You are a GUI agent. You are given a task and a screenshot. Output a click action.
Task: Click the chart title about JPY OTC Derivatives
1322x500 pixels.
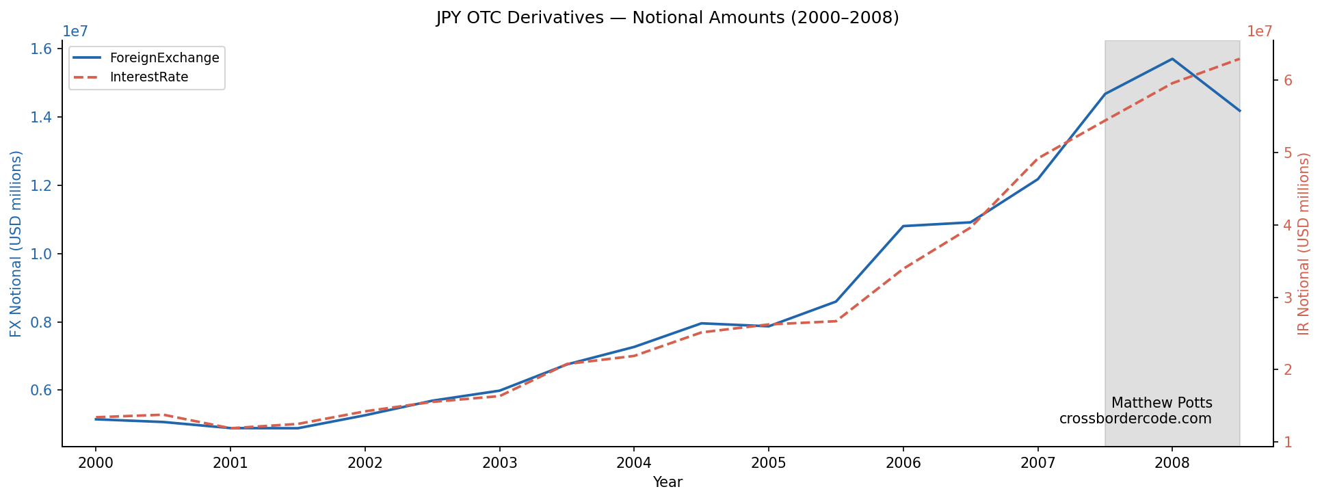coord(667,18)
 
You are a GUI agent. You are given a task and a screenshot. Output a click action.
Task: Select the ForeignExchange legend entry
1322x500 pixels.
coord(164,58)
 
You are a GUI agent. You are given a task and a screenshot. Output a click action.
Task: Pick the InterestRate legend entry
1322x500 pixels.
coord(148,77)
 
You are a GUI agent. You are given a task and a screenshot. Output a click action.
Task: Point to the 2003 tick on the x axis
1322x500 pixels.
coord(499,463)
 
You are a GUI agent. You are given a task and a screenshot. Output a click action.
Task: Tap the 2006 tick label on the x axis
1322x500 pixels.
coord(903,463)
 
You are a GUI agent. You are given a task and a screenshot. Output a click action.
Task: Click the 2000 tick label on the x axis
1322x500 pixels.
coord(95,463)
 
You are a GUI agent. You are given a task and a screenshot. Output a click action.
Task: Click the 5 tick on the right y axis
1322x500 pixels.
coord(1288,153)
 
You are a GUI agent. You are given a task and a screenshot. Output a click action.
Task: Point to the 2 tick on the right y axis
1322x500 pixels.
coord(1288,370)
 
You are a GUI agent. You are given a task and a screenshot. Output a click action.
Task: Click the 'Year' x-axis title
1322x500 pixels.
coord(667,482)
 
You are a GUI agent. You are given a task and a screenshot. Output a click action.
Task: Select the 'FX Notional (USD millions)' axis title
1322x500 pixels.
coord(16,244)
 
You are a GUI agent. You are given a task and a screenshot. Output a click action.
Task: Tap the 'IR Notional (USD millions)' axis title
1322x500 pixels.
coord(1304,244)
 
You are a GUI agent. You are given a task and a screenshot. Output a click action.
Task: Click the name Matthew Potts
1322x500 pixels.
coord(1161,403)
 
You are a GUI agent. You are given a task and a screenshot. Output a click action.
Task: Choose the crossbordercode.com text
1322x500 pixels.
coord(1135,419)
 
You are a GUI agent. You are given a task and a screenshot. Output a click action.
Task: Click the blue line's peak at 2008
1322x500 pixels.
coord(1172,59)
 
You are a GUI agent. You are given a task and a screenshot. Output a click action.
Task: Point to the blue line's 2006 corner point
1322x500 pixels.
coord(903,226)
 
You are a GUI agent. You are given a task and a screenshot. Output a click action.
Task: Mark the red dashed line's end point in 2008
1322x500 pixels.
coord(1239,59)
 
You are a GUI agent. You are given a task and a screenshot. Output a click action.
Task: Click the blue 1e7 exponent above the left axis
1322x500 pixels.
coord(75,31)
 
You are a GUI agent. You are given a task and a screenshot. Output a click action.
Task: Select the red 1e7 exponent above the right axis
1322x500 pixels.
coord(1259,31)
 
